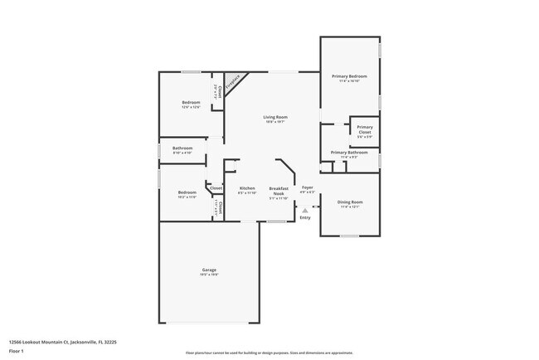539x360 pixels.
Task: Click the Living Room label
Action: pos(274,117)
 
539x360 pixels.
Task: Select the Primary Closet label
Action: pos(364,129)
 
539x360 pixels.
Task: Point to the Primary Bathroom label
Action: pos(348,152)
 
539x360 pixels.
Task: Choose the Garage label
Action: pos(209,270)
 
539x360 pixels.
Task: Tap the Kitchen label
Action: pos(247,188)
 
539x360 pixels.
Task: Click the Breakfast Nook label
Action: pos(278,191)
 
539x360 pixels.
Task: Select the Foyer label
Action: pos(307,188)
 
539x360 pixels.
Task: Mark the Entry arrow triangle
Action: pos(305,211)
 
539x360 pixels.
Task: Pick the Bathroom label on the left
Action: pos(182,148)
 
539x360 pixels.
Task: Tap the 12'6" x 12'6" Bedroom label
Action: pos(191,102)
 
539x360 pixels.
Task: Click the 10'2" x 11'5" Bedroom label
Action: pos(186,192)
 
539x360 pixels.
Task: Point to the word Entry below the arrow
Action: pos(305,217)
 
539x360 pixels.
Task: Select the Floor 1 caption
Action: pos(17,351)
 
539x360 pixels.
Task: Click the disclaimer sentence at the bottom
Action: pos(269,353)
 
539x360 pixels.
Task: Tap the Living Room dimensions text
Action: pos(274,122)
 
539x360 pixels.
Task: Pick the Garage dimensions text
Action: pos(209,275)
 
